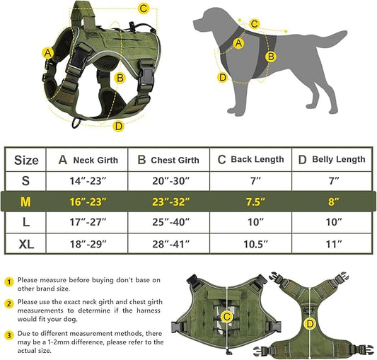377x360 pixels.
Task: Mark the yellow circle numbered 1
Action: click(x=9, y=281)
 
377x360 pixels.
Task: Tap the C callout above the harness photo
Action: click(x=144, y=9)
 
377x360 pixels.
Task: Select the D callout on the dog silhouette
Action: click(x=223, y=78)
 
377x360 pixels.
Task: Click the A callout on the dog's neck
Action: click(x=238, y=43)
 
